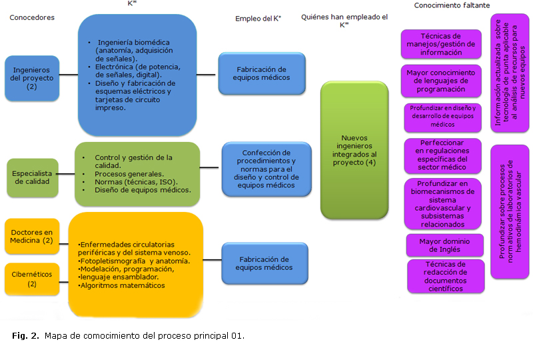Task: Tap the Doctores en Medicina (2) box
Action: tap(31, 236)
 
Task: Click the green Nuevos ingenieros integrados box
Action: tap(354, 151)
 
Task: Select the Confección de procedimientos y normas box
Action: tap(266, 169)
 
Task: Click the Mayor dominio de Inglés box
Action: tap(445, 245)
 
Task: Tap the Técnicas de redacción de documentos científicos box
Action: tap(445, 276)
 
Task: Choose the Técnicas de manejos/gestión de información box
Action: tap(440, 44)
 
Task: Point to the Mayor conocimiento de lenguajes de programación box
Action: tap(440, 79)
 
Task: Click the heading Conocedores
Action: tap(31, 17)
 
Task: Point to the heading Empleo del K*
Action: tap(258, 19)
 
